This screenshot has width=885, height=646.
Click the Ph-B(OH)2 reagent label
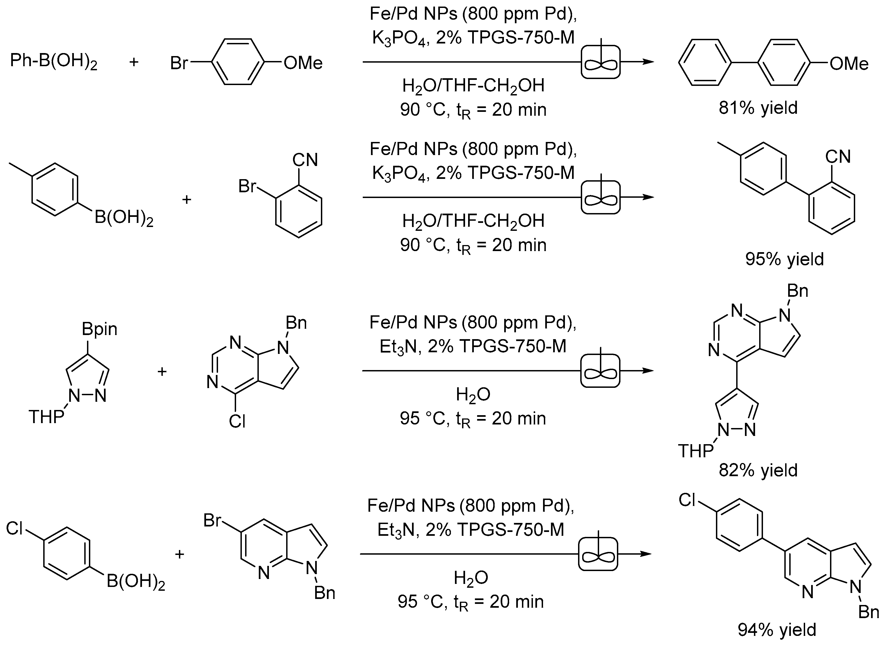(x=54, y=62)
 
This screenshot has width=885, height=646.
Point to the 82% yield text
(x=758, y=470)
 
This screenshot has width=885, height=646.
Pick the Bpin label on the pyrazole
(x=99, y=329)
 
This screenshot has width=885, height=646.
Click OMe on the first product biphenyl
(x=849, y=63)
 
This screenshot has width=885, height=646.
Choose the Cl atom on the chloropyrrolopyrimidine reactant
(x=237, y=421)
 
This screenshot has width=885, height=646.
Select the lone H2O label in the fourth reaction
(x=471, y=578)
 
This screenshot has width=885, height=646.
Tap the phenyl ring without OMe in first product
(x=705, y=62)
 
